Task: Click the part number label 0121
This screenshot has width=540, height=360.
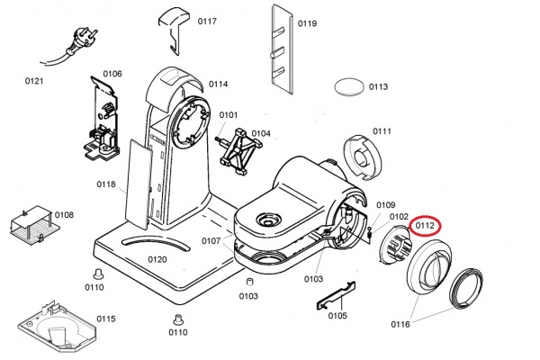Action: point(34,81)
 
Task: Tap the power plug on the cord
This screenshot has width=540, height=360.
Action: point(84,40)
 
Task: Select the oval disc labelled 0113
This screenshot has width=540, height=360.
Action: point(349,86)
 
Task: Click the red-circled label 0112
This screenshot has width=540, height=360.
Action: point(424,226)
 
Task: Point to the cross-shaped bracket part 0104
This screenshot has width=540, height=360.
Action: point(239,152)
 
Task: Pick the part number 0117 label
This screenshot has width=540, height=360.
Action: point(207,22)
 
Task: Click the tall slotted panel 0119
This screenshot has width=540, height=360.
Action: point(283,49)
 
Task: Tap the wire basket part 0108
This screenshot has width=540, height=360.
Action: point(32,226)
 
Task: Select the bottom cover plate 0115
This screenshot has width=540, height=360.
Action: point(57,328)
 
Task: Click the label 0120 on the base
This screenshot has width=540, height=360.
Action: point(157,259)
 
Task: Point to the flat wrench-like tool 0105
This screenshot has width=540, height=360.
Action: point(336,295)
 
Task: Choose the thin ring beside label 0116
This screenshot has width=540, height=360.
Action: point(466,286)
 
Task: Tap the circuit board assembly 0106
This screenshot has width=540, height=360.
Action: point(102,120)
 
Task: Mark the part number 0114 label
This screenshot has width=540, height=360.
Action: point(218,84)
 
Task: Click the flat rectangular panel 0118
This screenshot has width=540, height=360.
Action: point(139,184)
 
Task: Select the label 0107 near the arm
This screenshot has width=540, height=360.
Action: point(211,241)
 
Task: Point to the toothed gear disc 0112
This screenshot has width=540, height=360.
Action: point(395,244)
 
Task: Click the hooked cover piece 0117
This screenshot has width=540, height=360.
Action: point(175,30)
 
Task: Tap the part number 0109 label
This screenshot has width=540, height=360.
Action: point(386,205)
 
